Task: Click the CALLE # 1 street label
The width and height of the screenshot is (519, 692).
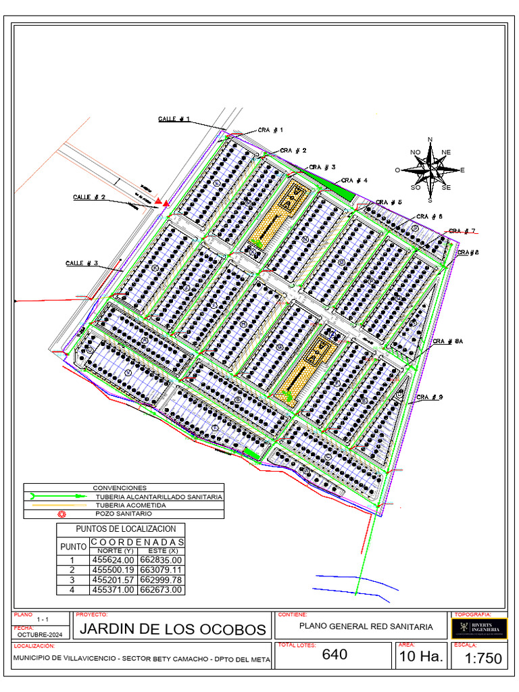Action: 174,119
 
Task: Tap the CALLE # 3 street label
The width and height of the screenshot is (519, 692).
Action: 82,263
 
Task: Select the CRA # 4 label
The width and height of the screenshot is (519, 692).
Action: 354,180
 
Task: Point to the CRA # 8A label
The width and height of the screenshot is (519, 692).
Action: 447,342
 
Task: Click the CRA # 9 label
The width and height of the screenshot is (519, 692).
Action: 429,397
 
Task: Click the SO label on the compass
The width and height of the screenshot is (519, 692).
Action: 416,187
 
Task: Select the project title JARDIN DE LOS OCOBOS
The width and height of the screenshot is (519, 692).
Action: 174,629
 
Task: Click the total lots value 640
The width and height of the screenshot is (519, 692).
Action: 335,654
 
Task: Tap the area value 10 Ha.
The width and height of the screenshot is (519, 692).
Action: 422,656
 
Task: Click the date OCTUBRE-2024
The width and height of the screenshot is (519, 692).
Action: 41,635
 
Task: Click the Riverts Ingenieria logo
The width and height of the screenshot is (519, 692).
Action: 478,628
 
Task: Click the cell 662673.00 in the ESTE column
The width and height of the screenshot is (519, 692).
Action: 161,590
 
